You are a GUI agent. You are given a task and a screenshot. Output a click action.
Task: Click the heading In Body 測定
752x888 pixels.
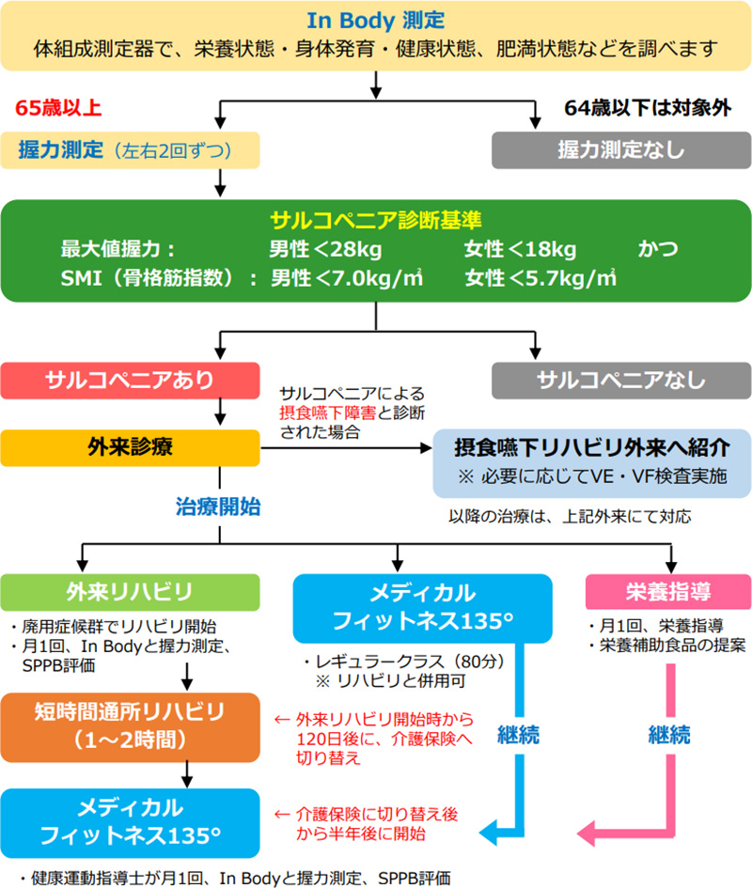point(375,19)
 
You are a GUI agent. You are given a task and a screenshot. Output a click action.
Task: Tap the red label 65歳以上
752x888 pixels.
point(58,107)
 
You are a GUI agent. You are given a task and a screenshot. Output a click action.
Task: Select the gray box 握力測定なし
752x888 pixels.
point(620,149)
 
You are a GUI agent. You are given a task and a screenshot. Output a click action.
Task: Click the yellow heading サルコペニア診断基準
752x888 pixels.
point(376,222)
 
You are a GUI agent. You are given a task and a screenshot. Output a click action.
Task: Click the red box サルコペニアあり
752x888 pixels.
point(131,380)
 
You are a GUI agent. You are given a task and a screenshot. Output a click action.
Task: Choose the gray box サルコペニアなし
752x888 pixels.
point(620,380)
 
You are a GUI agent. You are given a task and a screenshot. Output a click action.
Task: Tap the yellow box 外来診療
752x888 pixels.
point(131,447)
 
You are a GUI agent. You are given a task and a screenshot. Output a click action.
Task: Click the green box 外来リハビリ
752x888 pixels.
point(131,592)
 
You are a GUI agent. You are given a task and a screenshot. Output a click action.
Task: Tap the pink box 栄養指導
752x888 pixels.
point(667,592)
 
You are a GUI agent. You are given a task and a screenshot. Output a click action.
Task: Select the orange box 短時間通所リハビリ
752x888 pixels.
point(131,724)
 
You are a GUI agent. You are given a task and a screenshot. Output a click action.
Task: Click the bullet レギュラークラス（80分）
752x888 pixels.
point(402,660)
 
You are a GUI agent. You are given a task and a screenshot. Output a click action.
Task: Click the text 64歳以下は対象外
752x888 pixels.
point(647,107)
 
